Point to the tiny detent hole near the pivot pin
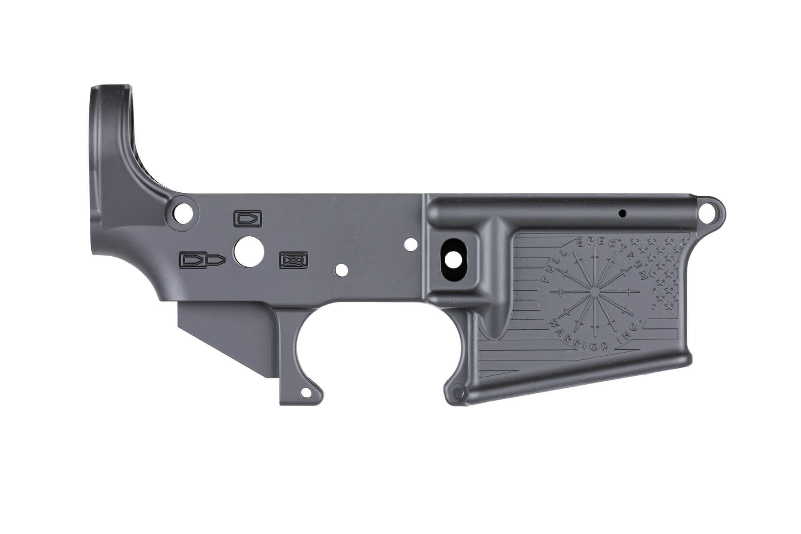pyautogui.click(x=622, y=214)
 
